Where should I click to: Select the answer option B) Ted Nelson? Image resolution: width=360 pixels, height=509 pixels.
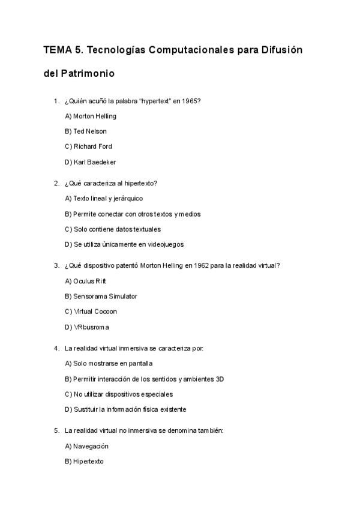pyautogui.click(x=86, y=131)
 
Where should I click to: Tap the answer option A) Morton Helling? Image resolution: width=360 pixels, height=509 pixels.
pyautogui.click(x=90, y=116)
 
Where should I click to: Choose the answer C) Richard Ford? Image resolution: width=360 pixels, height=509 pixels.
pyautogui.click(x=88, y=146)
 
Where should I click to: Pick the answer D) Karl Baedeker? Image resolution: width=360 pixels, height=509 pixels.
pyautogui.click(x=90, y=162)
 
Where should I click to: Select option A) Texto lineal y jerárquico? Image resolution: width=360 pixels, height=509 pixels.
pyautogui.click(x=104, y=198)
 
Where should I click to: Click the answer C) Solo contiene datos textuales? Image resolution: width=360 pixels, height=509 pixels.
pyautogui.click(x=113, y=229)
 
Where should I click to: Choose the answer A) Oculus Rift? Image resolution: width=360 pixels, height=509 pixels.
pyautogui.click(x=85, y=281)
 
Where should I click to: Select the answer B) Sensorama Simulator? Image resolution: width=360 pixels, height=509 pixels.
pyautogui.click(x=101, y=296)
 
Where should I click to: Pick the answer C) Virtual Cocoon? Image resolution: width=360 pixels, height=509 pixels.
pyautogui.click(x=91, y=312)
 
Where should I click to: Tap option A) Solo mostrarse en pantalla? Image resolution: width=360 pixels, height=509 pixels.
pyautogui.click(x=109, y=363)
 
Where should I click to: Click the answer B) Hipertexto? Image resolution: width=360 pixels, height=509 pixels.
pyautogui.click(x=84, y=462)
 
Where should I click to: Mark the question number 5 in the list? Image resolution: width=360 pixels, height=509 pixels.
pyautogui.click(x=56, y=430)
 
